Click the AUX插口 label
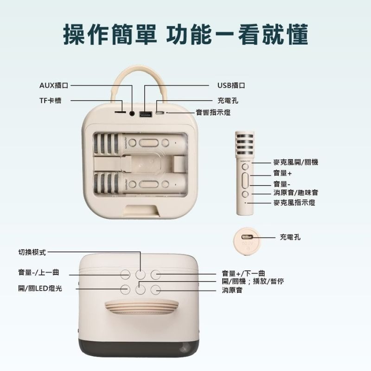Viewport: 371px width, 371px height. (54, 86)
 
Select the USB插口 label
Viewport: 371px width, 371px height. (231, 86)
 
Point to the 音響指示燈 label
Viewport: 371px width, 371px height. (213, 112)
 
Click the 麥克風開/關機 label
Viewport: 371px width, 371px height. (295, 162)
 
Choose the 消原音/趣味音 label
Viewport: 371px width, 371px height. (295, 192)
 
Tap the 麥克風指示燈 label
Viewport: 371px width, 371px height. (294, 203)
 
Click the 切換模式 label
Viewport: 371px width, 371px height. (32, 252)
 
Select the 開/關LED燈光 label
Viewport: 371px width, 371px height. (40, 288)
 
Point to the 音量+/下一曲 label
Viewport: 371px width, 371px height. (243, 274)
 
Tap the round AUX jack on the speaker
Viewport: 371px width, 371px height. (133, 113)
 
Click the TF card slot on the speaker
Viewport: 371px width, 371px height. (120, 112)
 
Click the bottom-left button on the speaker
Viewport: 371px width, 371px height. (126, 290)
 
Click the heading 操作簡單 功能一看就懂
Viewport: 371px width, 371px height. (185, 35)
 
